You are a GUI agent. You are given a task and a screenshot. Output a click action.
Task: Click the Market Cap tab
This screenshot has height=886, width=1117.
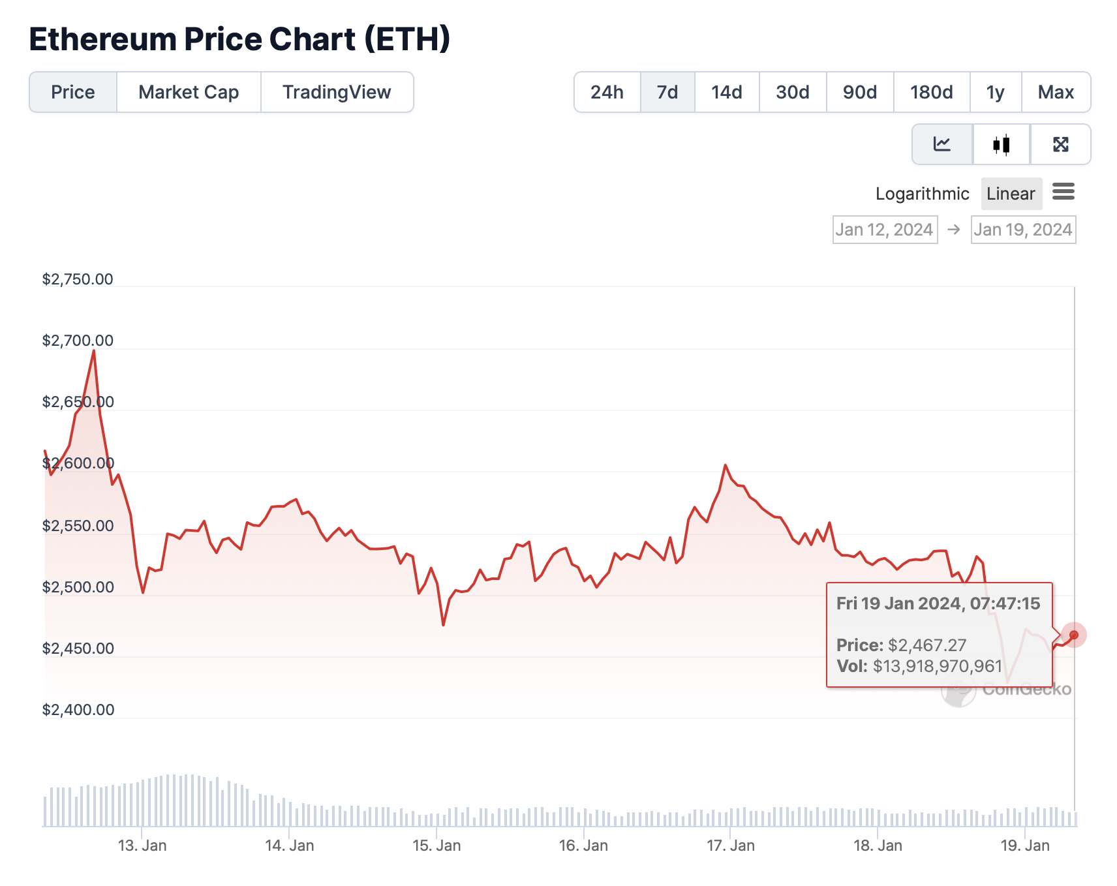click(x=189, y=92)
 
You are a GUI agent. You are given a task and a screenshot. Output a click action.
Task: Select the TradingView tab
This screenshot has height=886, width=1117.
click(x=337, y=92)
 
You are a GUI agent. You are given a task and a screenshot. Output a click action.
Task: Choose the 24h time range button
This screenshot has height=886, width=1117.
click(x=607, y=92)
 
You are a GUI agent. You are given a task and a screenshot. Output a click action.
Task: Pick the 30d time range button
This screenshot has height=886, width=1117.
click(x=793, y=92)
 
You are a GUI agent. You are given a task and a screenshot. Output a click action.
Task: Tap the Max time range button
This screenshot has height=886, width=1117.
click(x=1056, y=92)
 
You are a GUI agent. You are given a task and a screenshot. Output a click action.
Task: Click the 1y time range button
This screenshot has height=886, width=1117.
click(x=995, y=92)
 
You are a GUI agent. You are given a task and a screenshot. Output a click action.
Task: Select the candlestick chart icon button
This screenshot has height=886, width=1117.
click(x=1002, y=144)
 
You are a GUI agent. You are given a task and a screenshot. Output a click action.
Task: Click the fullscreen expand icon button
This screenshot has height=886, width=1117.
click(x=1060, y=144)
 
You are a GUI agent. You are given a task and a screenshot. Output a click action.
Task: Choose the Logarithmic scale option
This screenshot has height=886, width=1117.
click(x=922, y=194)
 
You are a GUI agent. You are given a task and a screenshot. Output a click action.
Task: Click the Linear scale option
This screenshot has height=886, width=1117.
click(x=1011, y=194)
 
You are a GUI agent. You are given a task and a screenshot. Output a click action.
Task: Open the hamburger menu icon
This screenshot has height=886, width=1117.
click(x=1063, y=192)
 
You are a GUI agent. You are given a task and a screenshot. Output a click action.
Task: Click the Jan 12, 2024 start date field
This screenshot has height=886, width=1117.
click(x=885, y=230)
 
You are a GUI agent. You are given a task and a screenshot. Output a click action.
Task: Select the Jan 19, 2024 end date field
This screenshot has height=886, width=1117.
click(x=1023, y=230)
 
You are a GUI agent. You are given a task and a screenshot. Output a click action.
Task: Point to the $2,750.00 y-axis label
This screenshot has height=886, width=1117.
click(x=78, y=279)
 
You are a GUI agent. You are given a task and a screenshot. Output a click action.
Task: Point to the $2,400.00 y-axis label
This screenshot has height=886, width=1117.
click(x=78, y=710)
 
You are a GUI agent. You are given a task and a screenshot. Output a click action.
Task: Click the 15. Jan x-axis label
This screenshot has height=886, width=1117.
click(x=436, y=846)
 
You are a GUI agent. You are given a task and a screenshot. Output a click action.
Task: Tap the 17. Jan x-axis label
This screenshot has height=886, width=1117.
click(x=731, y=846)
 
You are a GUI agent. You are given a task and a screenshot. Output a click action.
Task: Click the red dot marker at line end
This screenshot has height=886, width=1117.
click(x=1073, y=635)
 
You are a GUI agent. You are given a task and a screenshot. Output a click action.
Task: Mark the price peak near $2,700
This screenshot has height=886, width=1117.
click(x=94, y=351)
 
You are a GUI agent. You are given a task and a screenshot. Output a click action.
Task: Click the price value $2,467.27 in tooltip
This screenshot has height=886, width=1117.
click(x=926, y=645)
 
